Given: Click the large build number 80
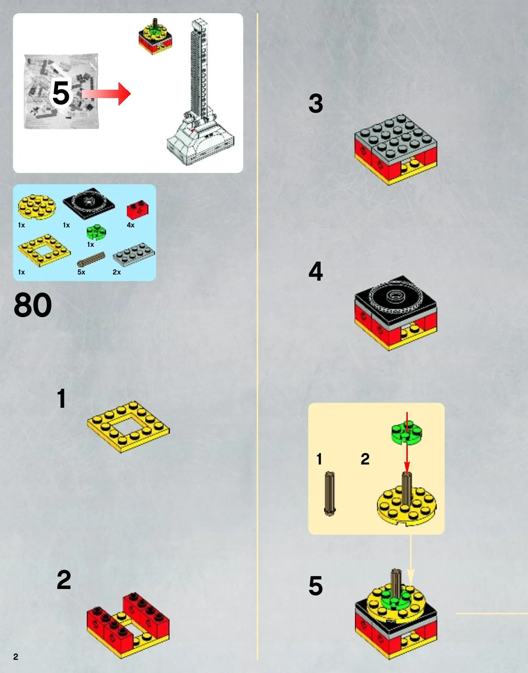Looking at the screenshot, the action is tap(33, 305).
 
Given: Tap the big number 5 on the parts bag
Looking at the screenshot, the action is tap(61, 93).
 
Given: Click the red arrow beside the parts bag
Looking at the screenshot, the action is tap(106, 94).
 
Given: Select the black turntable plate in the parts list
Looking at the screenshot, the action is tap(89, 204).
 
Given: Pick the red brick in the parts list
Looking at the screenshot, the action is tap(137, 209).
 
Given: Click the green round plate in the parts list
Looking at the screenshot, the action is tap(96, 232).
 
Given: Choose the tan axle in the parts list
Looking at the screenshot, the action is tap(91, 260).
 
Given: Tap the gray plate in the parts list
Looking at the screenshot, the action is tap(133, 255).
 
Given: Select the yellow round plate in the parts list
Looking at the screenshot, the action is tap(37, 207).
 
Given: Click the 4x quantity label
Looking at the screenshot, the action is tap(130, 225).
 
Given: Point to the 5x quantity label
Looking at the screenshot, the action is tap(81, 272).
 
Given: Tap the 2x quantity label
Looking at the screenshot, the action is tap(117, 272).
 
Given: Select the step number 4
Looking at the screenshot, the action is tap(316, 271).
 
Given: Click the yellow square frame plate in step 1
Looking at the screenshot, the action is tap(128, 427).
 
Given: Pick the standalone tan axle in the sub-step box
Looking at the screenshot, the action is tap(329, 494).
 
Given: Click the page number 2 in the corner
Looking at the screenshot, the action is tap(16, 657).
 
